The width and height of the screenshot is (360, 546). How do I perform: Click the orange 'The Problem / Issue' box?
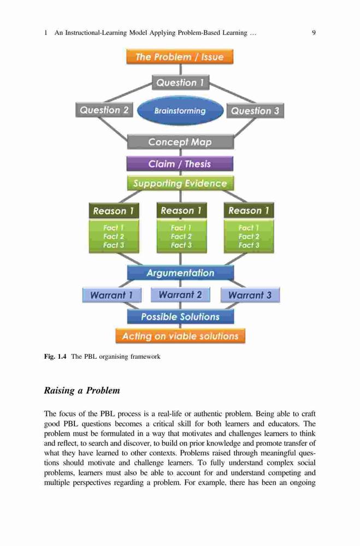[180, 56]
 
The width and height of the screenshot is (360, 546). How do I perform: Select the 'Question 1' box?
[180, 82]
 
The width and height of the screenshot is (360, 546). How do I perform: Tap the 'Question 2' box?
[104, 110]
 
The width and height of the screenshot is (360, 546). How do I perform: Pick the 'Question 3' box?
[255, 111]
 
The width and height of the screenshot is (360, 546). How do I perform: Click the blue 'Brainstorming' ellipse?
[180, 111]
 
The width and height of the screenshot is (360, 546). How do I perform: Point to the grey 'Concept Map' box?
[180, 142]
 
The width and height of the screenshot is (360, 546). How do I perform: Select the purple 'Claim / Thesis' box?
[180, 164]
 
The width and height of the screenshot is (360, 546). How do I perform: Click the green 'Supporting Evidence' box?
[180, 183]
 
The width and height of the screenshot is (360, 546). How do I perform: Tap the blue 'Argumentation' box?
[180, 272]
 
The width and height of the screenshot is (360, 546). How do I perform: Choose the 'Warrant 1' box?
[112, 295]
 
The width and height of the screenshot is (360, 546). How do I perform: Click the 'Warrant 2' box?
[180, 295]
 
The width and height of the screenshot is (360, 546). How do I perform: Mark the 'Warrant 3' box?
[250, 295]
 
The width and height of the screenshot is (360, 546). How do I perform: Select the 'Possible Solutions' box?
[180, 317]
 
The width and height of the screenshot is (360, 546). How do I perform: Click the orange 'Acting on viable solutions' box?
[180, 336]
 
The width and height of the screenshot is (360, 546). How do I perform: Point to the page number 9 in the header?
[314, 33]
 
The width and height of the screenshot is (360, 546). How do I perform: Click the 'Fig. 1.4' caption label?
[55, 356]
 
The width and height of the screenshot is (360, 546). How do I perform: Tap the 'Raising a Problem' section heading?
[82, 390]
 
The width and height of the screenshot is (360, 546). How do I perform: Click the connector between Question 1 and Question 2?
[128, 93]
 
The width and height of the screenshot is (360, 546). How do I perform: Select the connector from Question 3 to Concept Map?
[245, 127]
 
